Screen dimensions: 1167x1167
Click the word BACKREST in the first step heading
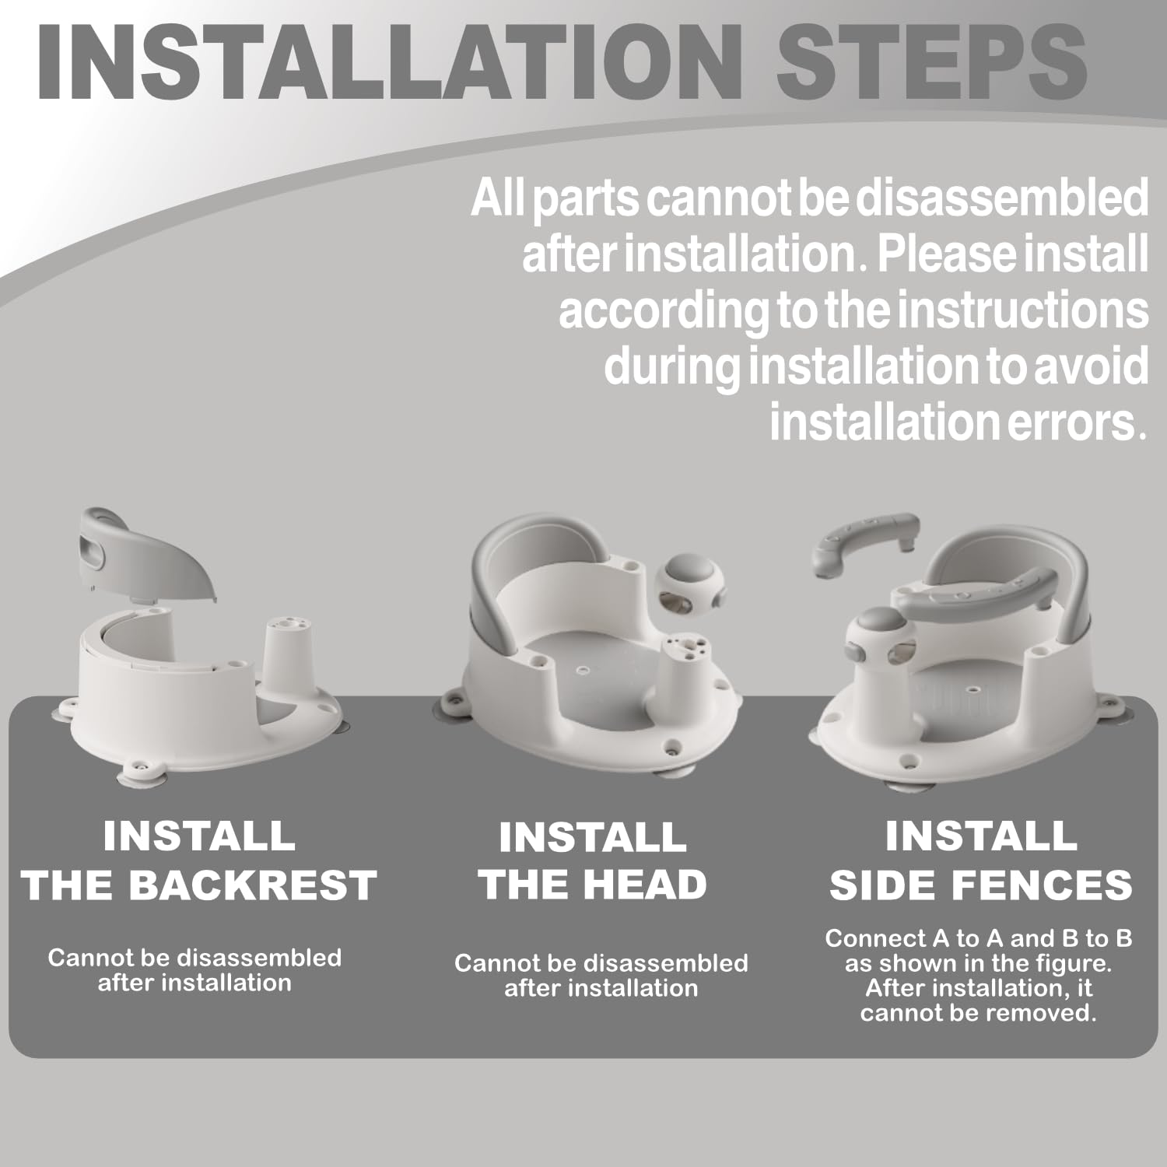click(x=252, y=885)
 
